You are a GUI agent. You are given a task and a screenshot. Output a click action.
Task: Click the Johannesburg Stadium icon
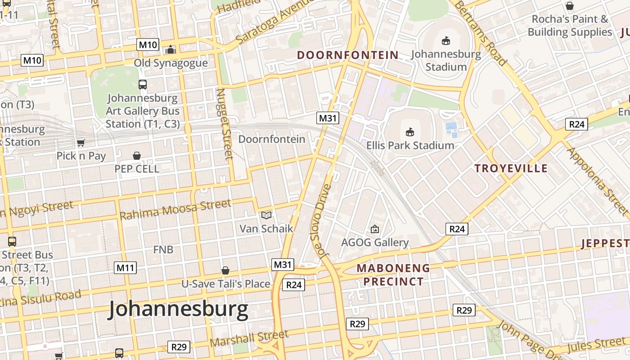[x=446, y=41]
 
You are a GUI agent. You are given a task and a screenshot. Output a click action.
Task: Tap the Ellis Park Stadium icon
[x=409, y=132]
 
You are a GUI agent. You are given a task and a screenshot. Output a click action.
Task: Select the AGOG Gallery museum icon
[x=374, y=229]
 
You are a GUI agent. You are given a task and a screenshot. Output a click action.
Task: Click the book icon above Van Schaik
[x=266, y=216]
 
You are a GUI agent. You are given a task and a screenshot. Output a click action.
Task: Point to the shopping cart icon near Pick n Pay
[x=81, y=143]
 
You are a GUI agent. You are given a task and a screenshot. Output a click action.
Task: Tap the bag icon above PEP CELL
[x=137, y=156]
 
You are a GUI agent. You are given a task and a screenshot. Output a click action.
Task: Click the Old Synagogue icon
[x=171, y=49]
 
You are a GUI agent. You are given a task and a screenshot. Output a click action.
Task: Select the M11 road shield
[x=125, y=268]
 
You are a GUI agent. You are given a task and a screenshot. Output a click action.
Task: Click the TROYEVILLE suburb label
[x=511, y=168]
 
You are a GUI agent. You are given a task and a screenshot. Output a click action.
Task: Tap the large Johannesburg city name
[x=178, y=310]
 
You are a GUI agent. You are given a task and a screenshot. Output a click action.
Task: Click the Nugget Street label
[x=225, y=123]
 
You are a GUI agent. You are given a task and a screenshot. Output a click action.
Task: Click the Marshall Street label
[x=249, y=338]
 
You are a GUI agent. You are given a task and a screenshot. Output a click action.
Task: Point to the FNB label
[x=163, y=249]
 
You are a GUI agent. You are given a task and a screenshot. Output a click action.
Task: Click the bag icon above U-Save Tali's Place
[x=225, y=270]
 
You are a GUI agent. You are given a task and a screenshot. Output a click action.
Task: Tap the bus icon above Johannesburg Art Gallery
[x=143, y=84]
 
